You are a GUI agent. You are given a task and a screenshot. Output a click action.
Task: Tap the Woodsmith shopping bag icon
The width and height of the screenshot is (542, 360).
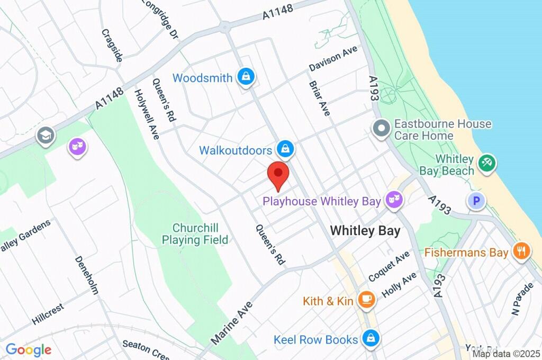[x=246, y=77]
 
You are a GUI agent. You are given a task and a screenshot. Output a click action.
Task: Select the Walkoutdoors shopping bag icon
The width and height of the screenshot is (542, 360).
[x=285, y=150]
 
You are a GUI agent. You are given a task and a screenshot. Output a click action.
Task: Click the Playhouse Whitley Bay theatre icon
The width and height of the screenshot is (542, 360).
[x=394, y=200]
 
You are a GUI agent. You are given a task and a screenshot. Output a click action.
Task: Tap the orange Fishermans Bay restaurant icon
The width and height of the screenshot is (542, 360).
[x=521, y=251]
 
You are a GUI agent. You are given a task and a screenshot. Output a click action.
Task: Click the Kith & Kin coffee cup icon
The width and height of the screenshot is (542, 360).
[x=366, y=300]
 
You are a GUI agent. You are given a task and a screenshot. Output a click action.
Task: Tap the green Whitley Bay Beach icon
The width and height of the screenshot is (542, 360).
[x=485, y=163]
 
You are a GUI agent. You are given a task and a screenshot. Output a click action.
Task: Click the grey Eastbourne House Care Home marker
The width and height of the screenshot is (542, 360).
[x=381, y=129]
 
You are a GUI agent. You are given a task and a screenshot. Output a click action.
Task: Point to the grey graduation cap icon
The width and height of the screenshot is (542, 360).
[x=46, y=136]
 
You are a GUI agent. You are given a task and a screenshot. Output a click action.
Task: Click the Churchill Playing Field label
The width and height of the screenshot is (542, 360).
[x=195, y=234]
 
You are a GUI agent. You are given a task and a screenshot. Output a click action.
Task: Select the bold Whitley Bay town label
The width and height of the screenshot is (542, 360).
[x=365, y=231]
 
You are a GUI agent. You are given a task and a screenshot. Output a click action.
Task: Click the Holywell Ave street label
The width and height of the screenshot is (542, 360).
[x=147, y=114]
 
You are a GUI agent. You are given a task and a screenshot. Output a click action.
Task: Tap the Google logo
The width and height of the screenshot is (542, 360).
[x=29, y=349]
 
